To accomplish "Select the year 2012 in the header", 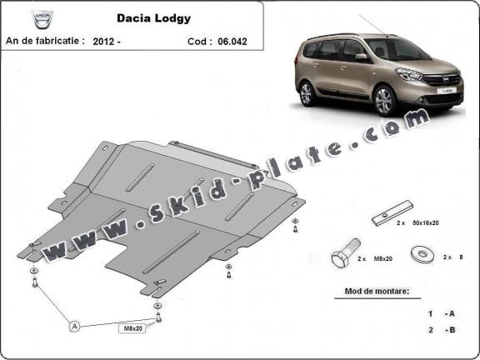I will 105,39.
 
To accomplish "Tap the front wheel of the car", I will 384,100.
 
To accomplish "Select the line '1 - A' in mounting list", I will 441,313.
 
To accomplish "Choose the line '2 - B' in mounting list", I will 441,330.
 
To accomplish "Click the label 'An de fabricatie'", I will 43,39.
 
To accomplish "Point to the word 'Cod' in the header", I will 198,39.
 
